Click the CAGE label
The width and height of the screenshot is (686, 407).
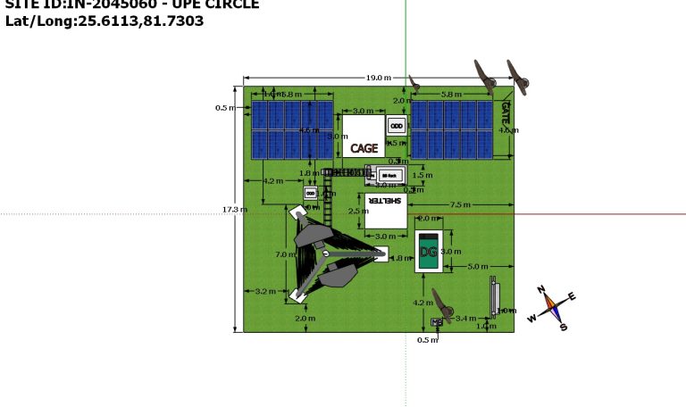tap(364, 149)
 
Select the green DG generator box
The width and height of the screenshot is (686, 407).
tap(429, 252)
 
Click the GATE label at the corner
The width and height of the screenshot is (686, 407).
tap(506, 112)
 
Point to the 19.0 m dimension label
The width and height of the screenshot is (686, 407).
tap(378, 79)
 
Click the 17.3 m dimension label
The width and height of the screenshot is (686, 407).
tap(234, 210)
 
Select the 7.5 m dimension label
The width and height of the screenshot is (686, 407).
tap(460, 204)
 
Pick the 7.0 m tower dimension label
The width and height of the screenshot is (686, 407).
tap(284, 255)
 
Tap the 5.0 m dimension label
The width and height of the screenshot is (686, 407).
tap(478, 266)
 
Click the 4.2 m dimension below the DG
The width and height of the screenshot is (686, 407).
tap(422, 303)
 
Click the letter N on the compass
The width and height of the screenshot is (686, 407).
tap(541, 289)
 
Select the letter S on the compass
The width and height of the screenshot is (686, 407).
tap(563, 327)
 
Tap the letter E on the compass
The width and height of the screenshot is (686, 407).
tap(572, 296)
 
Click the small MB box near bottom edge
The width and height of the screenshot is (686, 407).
tap(436, 321)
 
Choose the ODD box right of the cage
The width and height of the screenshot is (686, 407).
tap(397, 125)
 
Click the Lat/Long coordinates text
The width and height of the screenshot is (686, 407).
tap(105, 21)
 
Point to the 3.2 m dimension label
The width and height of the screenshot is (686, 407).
tap(265, 292)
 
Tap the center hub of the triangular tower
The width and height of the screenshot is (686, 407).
tap(326, 254)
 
